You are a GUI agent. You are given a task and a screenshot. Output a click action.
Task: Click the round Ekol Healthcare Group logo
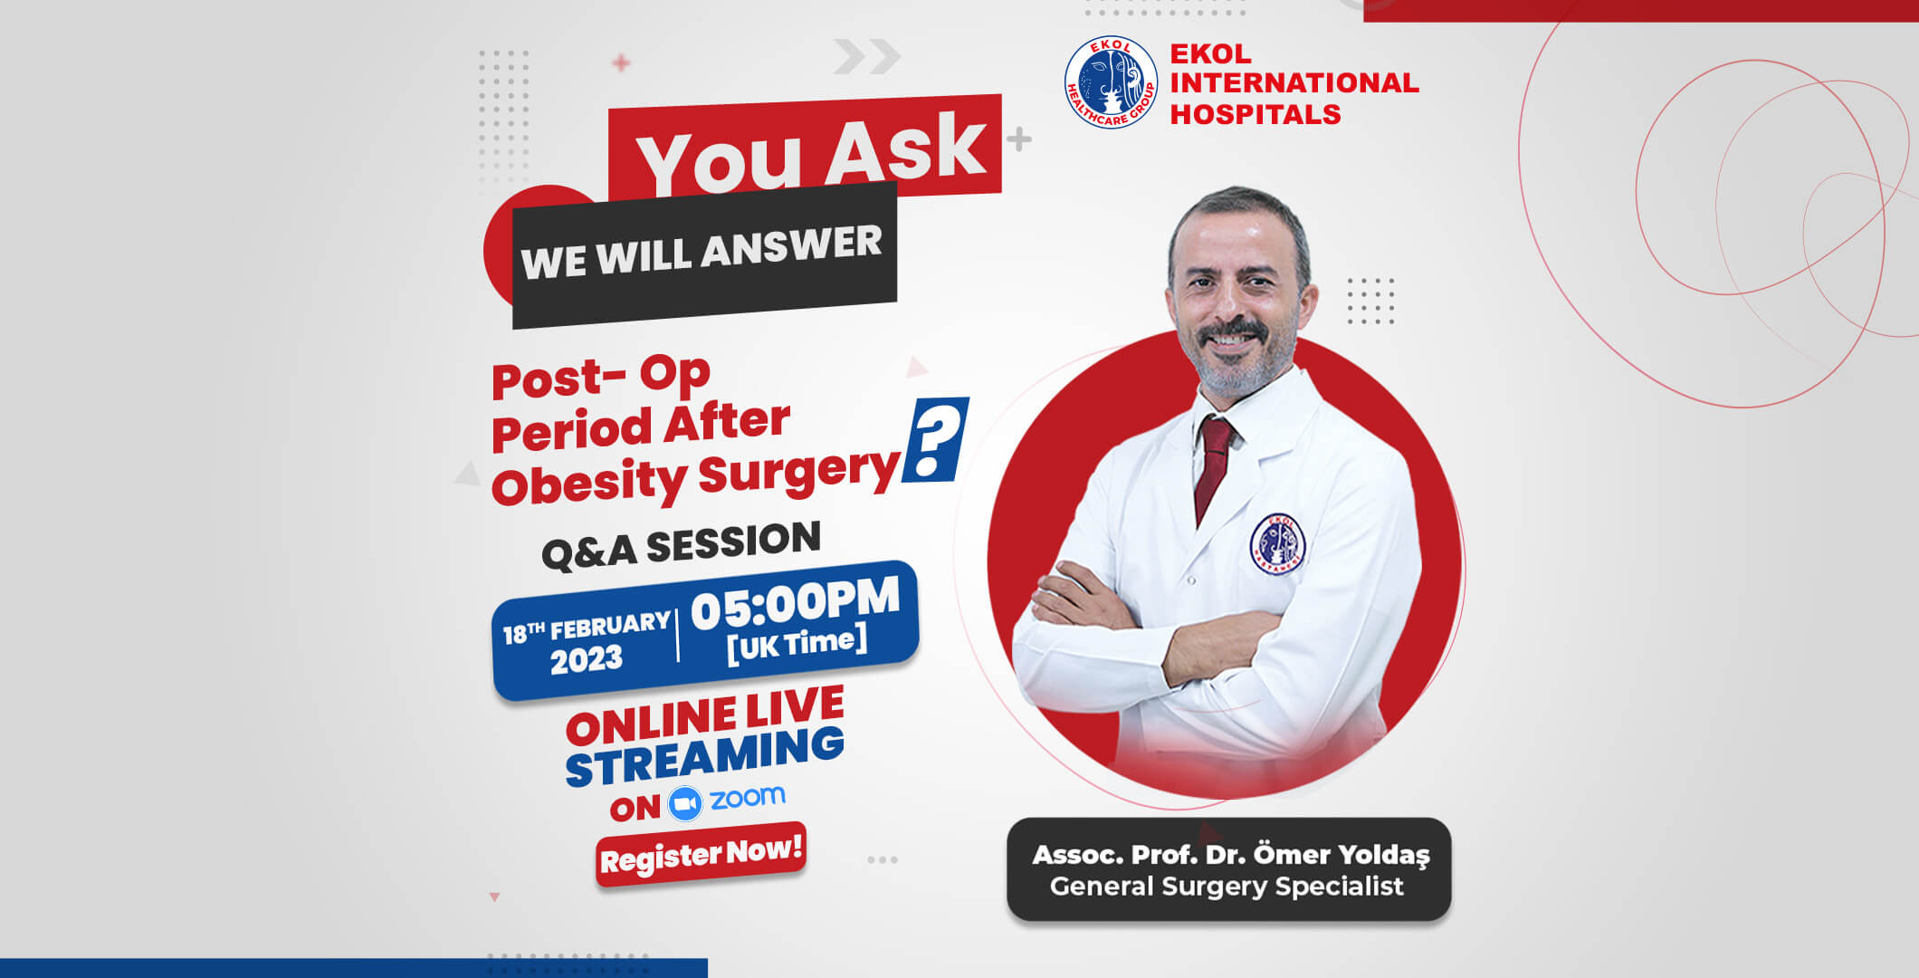(x=1111, y=82)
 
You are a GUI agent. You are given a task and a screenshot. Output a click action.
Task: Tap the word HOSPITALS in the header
(x=1255, y=114)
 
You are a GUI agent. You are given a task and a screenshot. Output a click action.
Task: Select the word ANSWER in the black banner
(x=791, y=246)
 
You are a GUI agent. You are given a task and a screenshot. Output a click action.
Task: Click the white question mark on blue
(x=936, y=442)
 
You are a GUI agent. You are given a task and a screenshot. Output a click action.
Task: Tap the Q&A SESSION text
(x=681, y=546)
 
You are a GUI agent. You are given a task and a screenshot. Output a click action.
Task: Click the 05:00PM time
(x=796, y=603)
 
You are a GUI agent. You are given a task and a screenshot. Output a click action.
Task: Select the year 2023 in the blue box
(x=587, y=659)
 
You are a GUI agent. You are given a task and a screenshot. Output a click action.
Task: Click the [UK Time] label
(x=797, y=644)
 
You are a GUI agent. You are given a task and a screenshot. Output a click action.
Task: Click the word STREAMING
(x=704, y=757)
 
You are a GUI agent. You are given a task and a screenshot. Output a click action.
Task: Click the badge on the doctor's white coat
(x=1277, y=543)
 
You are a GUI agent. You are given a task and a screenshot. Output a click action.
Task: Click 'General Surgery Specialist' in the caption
(x=1227, y=887)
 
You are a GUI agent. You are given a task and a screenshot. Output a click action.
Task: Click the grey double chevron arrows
(x=866, y=56)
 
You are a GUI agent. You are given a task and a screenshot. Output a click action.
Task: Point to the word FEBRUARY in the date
(x=610, y=625)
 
